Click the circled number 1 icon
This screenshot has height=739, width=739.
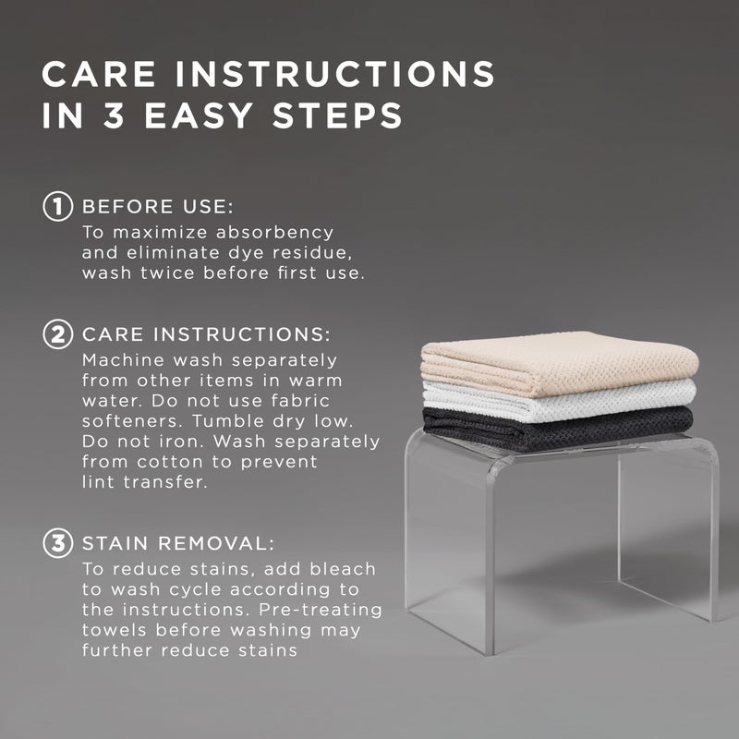click(58, 206)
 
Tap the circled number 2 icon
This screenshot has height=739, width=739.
click(58, 334)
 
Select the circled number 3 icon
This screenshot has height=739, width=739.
click(58, 543)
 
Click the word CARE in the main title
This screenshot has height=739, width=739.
click(99, 74)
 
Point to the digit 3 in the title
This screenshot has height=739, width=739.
click(114, 115)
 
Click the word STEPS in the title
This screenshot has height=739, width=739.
click(337, 115)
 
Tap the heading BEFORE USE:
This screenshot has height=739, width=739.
click(158, 207)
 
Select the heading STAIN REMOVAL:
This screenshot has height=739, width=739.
click(178, 543)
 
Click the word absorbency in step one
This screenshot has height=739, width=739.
click(274, 233)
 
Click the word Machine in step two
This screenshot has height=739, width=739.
click(123, 360)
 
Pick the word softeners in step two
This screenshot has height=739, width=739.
click(132, 421)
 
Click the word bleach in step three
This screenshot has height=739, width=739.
click(343, 569)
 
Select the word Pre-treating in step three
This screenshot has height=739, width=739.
click(321, 610)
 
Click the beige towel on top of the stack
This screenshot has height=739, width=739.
click(560, 363)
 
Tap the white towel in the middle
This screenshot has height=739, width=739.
click(561, 401)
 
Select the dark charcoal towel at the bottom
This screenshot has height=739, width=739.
click(559, 429)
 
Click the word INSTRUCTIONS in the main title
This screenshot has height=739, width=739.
click(335, 74)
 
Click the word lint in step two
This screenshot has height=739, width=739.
click(98, 481)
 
